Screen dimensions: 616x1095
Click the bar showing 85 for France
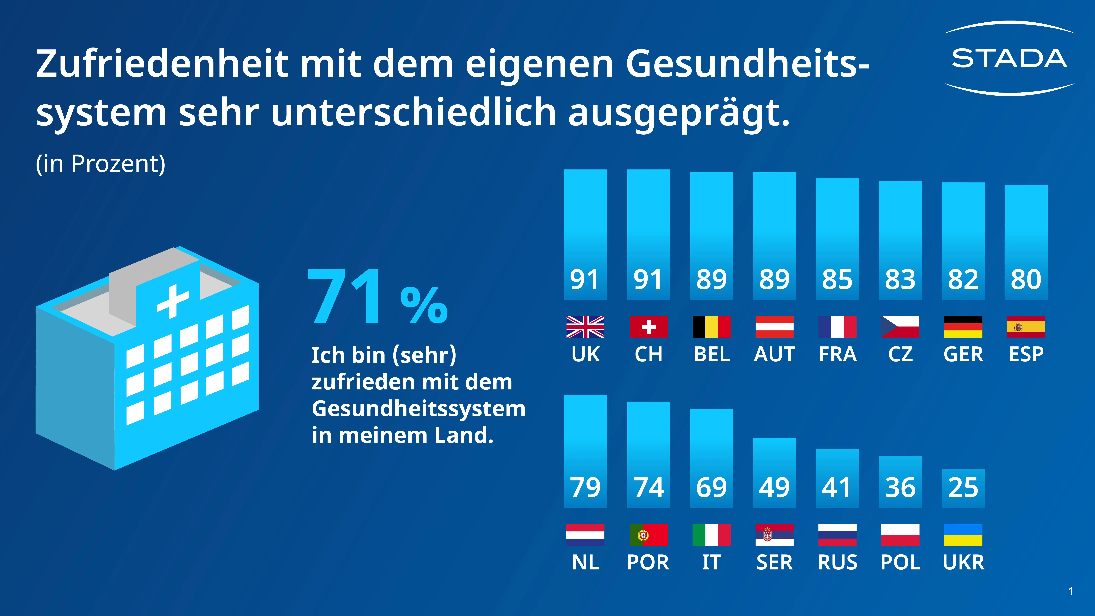pyautogui.click(x=837, y=238)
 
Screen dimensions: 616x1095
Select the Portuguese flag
pyautogui.click(x=648, y=535)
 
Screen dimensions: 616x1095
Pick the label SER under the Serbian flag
pyautogui.click(x=774, y=562)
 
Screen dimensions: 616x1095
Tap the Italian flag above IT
pyautogui.click(x=711, y=535)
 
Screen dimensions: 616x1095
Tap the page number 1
pyautogui.click(x=1071, y=591)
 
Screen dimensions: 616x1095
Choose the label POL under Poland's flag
pyautogui.click(x=900, y=562)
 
